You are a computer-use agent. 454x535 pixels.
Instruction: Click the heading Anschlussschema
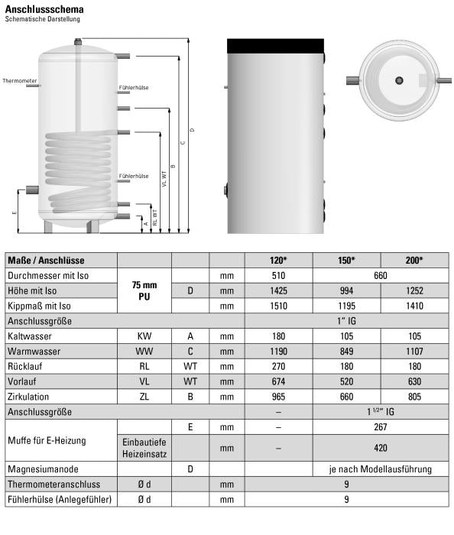click(44, 9)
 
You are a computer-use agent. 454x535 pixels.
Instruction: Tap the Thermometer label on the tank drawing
click(19, 81)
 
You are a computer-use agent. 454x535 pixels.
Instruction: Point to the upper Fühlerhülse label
click(134, 87)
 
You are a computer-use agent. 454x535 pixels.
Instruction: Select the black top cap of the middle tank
click(276, 46)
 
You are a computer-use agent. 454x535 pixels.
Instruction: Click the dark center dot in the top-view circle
click(399, 80)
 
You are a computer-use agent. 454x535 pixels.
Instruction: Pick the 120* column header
click(278, 261)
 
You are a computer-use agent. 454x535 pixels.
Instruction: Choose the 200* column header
click(414, 261)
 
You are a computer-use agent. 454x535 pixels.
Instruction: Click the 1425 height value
click(278, 290)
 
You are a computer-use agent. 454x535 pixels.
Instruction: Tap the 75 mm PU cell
click(144, 290)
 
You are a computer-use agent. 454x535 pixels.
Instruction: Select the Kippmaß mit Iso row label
click(39, 306)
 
